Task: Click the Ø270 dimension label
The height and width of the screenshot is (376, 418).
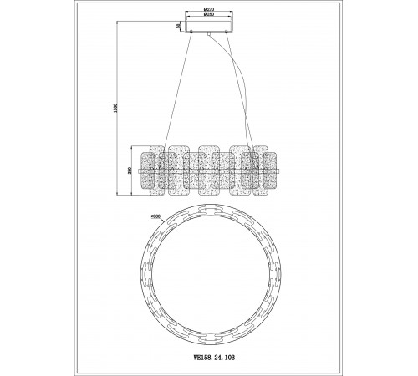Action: [x=209, y=11]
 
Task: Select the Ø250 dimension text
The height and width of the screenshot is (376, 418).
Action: [x=209, y=17]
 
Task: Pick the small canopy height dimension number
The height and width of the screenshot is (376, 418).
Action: [x=177, y=27]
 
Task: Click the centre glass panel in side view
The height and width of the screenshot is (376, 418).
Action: [x=209, y=174]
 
